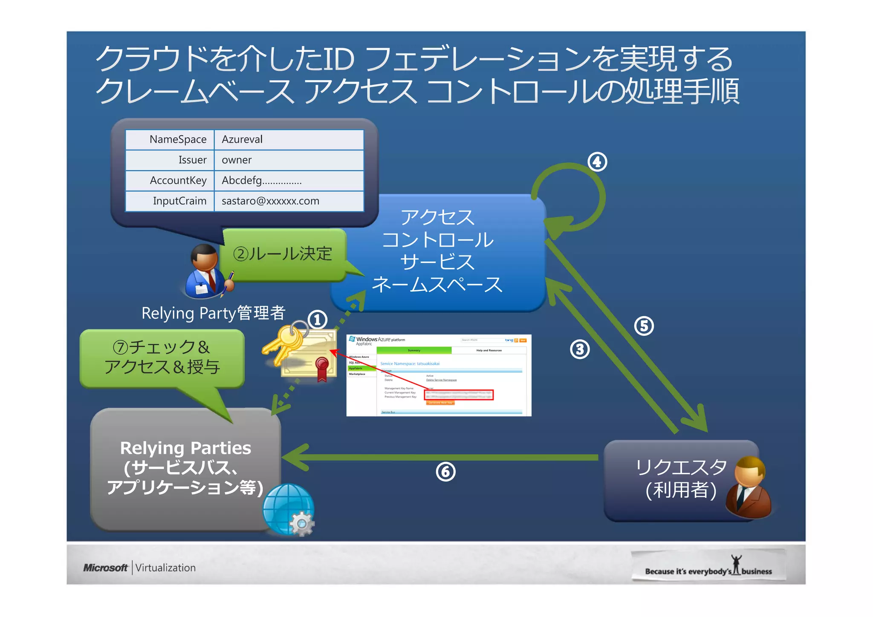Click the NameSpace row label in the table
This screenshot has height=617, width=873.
pyautogui.click(x=178, y=139)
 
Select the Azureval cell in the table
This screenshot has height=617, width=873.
pyautogui.click(x=242, y=139)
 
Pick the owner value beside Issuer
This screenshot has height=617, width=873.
pyautogui.click(x=237, y=160)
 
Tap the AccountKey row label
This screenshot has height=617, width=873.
pyautogui.click(x=178, y=180)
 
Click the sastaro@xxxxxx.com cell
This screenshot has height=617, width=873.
pyautogui.click(x=270, y=201)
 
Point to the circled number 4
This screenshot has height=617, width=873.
pyautogui.click(x=597, y=162)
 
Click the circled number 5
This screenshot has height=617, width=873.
pyautogui.click(x=644, y=326)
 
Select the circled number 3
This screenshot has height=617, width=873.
pyautogui.click(x=580, y=349)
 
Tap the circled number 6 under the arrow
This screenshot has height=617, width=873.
pyautogui.click(x=445, y=472)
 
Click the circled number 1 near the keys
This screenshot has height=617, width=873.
pyautogui.click(x=317, y=320)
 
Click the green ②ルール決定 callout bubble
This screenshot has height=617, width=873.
pyautogui.click(x=283, y=254)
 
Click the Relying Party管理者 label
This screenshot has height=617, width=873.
pyautogui.click(x=213, y=313)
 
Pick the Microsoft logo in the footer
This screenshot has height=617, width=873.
pyautogui.click(x=105, y=568)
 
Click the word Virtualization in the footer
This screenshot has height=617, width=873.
pyautogui.click(x=165, y=568)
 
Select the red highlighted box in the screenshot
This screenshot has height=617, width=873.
pyautogui.click(x=459, y=395)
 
